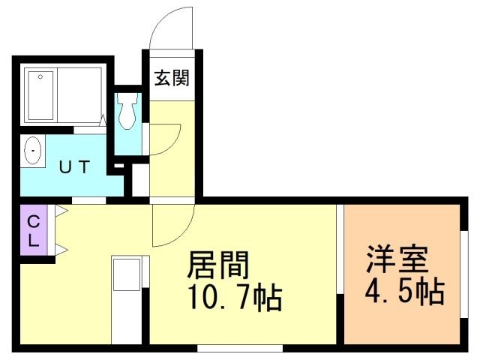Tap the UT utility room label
(75, 167)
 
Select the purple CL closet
(34, 231)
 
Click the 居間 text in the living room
(217, 265)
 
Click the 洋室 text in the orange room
(397, 258)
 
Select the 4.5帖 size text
(403, 291)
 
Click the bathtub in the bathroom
(63, 97)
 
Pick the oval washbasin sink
(34, 152)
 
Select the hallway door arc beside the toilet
(165, 138)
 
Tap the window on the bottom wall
(240, 347)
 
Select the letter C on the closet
(33, 222)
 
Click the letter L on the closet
(33, 241)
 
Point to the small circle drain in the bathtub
(40, 77)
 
